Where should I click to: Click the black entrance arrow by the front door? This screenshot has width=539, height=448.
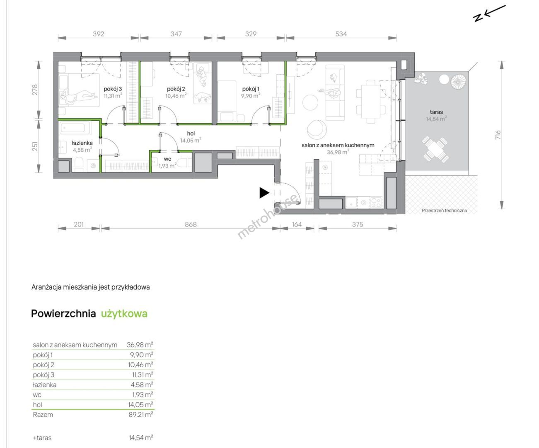(264, 193)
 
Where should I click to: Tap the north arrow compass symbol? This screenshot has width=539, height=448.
(489, 13)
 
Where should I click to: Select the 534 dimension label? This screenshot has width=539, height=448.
(341, 34)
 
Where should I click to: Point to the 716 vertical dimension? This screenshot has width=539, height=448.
(498, 135)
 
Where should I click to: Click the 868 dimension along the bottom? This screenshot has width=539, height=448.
(191, 224)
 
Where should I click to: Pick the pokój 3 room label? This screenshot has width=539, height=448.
(113, 89)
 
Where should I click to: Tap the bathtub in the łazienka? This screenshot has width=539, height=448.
(75, 128)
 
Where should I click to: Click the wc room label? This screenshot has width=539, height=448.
(167, 159)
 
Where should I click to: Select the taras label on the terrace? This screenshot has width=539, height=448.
(436, 112)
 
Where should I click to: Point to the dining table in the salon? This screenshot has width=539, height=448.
(371, 102)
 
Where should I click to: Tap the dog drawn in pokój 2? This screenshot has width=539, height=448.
(203, 97)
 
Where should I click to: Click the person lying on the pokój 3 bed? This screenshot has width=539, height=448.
(79, 96)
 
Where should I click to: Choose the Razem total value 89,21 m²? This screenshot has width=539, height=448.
(141, 415)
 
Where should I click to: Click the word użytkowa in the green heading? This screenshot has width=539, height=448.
(124, 314)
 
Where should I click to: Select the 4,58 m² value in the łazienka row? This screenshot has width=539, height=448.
(142, 385)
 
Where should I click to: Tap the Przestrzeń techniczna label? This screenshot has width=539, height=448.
(444, 210)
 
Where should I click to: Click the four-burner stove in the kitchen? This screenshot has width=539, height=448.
(376, 202)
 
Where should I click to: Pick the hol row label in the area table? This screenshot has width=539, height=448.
(37, 405)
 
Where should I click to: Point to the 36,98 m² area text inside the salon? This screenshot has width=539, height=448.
(338, 152)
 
